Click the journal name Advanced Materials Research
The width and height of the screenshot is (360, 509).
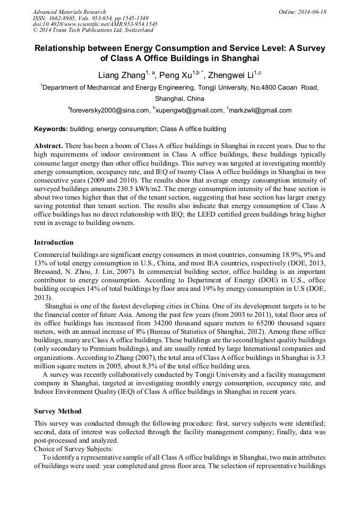(x=69, y=12)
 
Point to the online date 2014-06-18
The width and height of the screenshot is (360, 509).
(x=312, y=12)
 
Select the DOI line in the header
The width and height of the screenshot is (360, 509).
(x=95, y=24)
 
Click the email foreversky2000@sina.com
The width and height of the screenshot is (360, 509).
(x=110, y=110)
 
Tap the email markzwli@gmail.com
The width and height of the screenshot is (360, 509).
(x=260, y=110)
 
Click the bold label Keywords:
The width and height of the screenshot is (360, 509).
(x=50, y=128)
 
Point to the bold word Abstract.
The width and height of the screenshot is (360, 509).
(x=48, y=145)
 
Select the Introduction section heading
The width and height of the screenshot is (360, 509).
(x=54, y=243)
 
